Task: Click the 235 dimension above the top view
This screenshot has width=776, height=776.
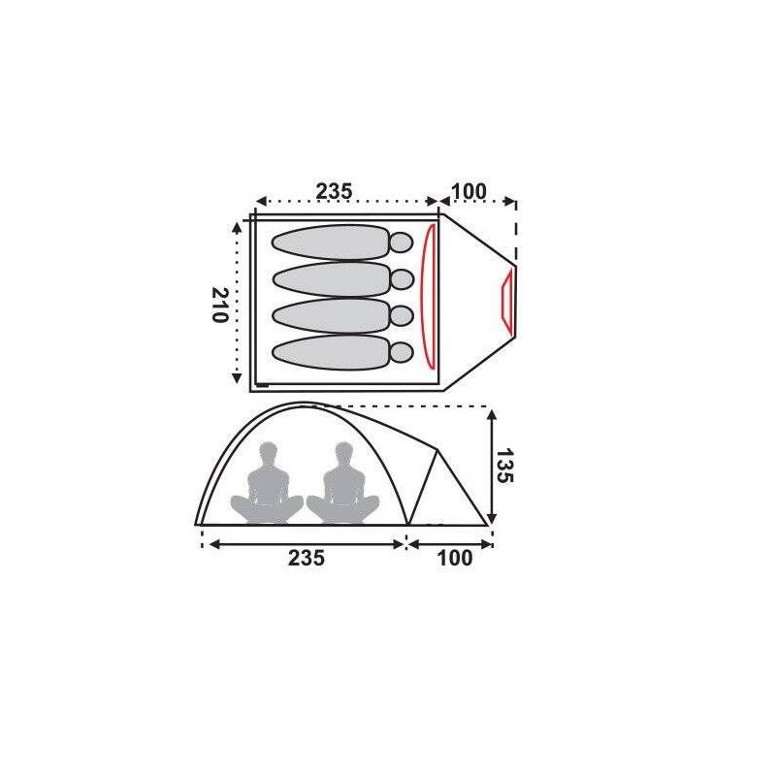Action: (334, 191)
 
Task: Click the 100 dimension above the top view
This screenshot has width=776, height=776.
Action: (469, 191)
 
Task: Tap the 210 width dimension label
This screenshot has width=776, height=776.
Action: (220, 305)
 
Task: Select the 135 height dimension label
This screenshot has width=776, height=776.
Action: (505, 466)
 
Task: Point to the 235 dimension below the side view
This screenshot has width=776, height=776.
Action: (307, 558)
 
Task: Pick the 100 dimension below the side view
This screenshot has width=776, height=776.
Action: (455, 558)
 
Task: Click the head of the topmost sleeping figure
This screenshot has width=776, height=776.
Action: (402, 242)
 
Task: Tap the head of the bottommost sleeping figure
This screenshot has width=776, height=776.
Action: (402, 352)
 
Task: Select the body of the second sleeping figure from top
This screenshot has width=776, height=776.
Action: (332, 279)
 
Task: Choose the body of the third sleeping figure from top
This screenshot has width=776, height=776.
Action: (332, 316)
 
